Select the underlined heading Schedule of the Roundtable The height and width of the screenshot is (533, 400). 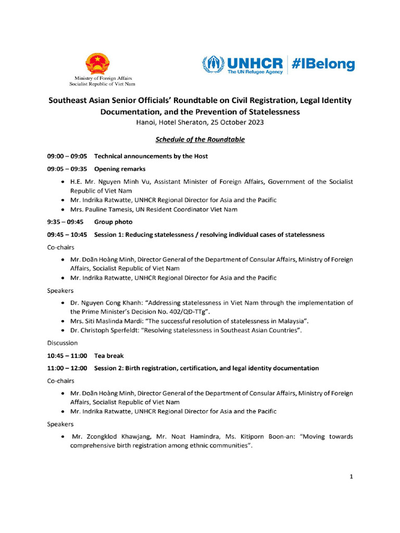200,139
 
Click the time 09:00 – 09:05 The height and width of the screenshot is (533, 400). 67,156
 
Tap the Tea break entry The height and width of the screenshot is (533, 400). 109,356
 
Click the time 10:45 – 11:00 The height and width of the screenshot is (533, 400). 67,356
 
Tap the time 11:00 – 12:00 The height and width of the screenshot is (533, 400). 67,368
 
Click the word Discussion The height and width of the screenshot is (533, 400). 63,343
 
